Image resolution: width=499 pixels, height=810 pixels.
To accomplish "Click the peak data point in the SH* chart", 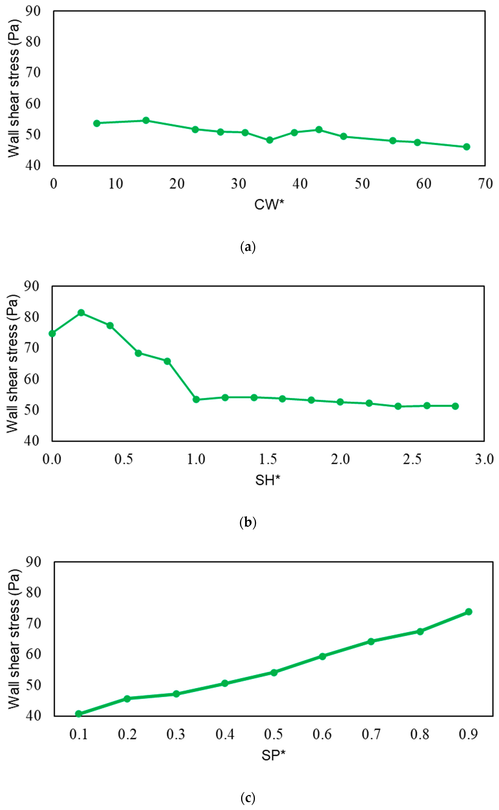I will pos(81,313).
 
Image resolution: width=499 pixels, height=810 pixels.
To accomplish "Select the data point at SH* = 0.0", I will pos(52,334).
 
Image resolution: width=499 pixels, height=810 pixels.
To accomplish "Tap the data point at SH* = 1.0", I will pos(196,400).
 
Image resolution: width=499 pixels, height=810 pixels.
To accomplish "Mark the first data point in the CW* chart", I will pos(97,123).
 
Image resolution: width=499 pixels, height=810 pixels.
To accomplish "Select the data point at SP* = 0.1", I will pos(79,714).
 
